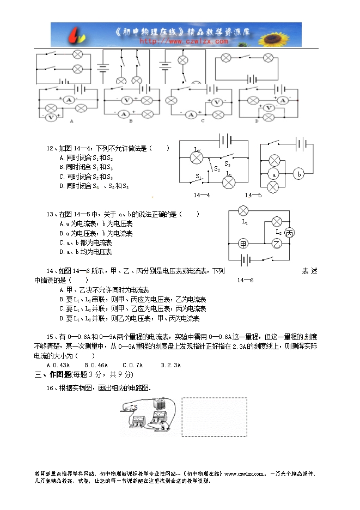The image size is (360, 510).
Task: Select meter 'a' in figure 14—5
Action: tap(275, 174)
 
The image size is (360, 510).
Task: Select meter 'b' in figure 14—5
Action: tap(298, 174)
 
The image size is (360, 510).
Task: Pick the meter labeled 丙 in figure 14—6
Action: tap(290, 233)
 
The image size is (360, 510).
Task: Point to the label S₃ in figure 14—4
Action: tap(227, 163)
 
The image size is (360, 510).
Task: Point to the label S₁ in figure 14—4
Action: tap(199, 176)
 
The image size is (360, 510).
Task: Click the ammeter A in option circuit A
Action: tap(69, 100)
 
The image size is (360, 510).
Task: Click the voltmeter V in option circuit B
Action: tap(125, 100)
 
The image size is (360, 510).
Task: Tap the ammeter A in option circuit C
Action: tap(191, 114)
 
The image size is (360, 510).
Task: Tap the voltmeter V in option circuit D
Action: tap(268, 108)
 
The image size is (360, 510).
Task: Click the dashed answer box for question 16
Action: tap(213, 417)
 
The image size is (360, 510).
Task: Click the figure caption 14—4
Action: tap(201, 195)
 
